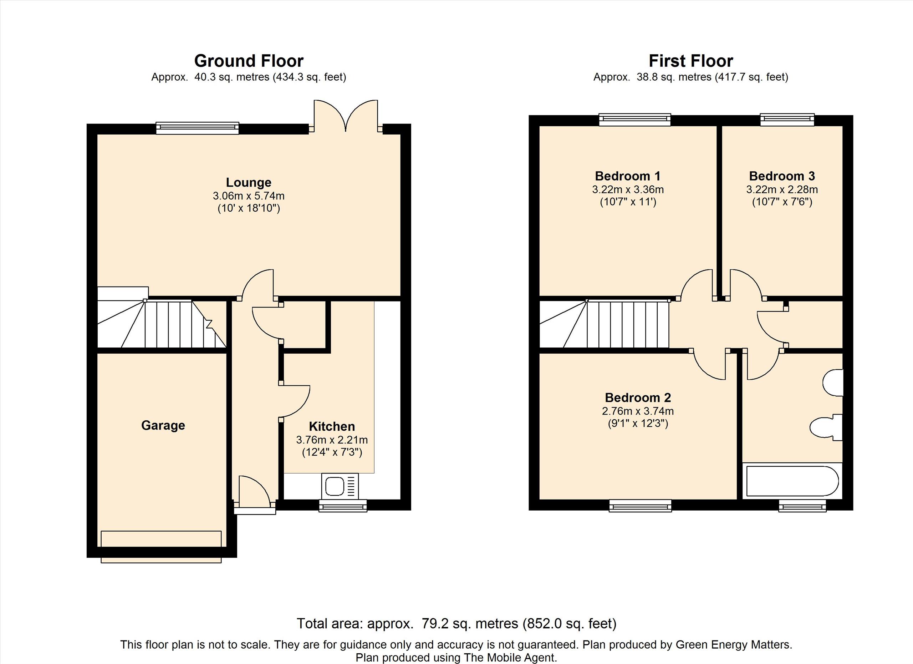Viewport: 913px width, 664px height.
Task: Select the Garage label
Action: point(163,425)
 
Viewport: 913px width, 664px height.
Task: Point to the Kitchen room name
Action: point(332,426)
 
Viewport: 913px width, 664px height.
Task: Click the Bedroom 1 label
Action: point(628,176)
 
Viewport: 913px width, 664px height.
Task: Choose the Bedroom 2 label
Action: point(638,397)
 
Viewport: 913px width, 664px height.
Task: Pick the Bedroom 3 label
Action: point(782,176)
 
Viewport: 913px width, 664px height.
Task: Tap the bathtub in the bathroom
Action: point(792,481)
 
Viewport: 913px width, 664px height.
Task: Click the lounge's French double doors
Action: point(346,116)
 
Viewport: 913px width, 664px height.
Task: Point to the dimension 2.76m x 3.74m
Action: point(638,411)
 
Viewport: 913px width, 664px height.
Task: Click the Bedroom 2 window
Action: point(640,506)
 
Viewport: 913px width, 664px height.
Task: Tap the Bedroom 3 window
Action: point(787,120)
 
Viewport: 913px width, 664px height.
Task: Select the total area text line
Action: point(456,624)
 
